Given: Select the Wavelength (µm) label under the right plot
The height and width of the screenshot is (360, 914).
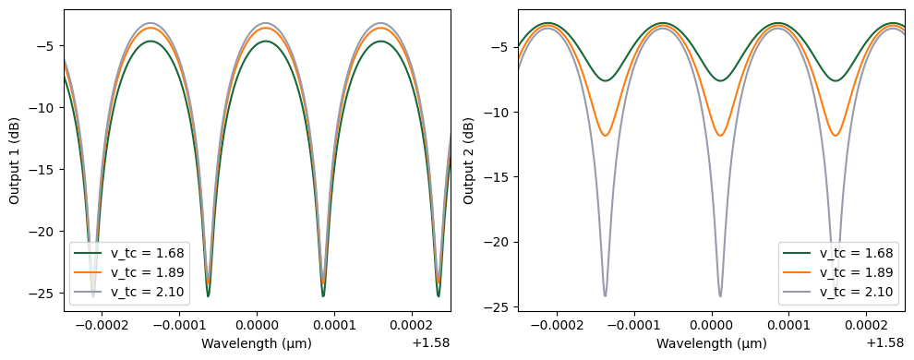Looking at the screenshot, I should tap(712, 343).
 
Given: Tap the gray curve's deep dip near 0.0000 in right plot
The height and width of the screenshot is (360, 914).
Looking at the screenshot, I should tap(720, 294).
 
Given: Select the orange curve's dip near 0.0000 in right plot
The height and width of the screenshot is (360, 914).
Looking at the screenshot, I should tap(720, 136).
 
